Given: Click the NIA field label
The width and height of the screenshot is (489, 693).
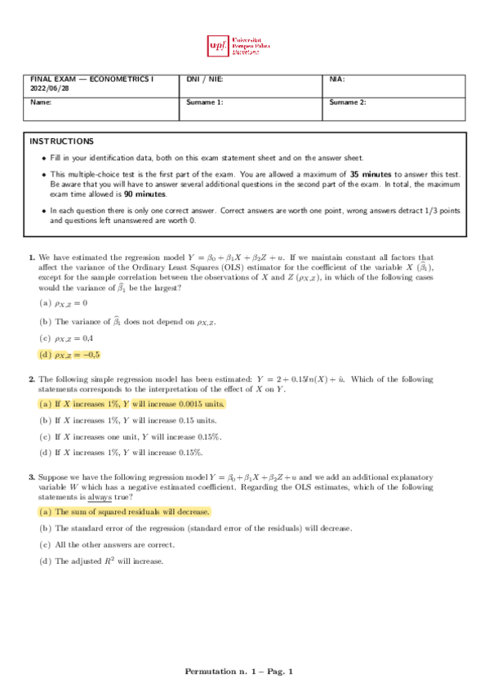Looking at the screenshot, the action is [337, 79].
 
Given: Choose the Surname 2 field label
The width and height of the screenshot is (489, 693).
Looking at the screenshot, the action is [348, 102].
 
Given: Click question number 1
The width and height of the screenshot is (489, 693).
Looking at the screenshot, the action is [32, 257].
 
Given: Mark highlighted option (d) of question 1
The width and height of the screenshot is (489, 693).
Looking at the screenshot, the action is [69, 355].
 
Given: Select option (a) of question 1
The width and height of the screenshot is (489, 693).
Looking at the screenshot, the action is [62, 303].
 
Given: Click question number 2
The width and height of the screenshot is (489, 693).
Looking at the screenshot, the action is [32, 379].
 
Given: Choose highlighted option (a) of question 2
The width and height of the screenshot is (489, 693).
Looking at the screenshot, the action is [131, 404].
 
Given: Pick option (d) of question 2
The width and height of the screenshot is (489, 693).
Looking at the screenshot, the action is [122, 452].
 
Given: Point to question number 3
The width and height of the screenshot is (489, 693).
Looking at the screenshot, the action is [32, 476].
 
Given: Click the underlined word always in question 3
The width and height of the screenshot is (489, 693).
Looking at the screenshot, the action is [100, 496].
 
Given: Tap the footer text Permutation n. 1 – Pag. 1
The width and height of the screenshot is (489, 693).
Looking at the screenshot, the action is [238, 672].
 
